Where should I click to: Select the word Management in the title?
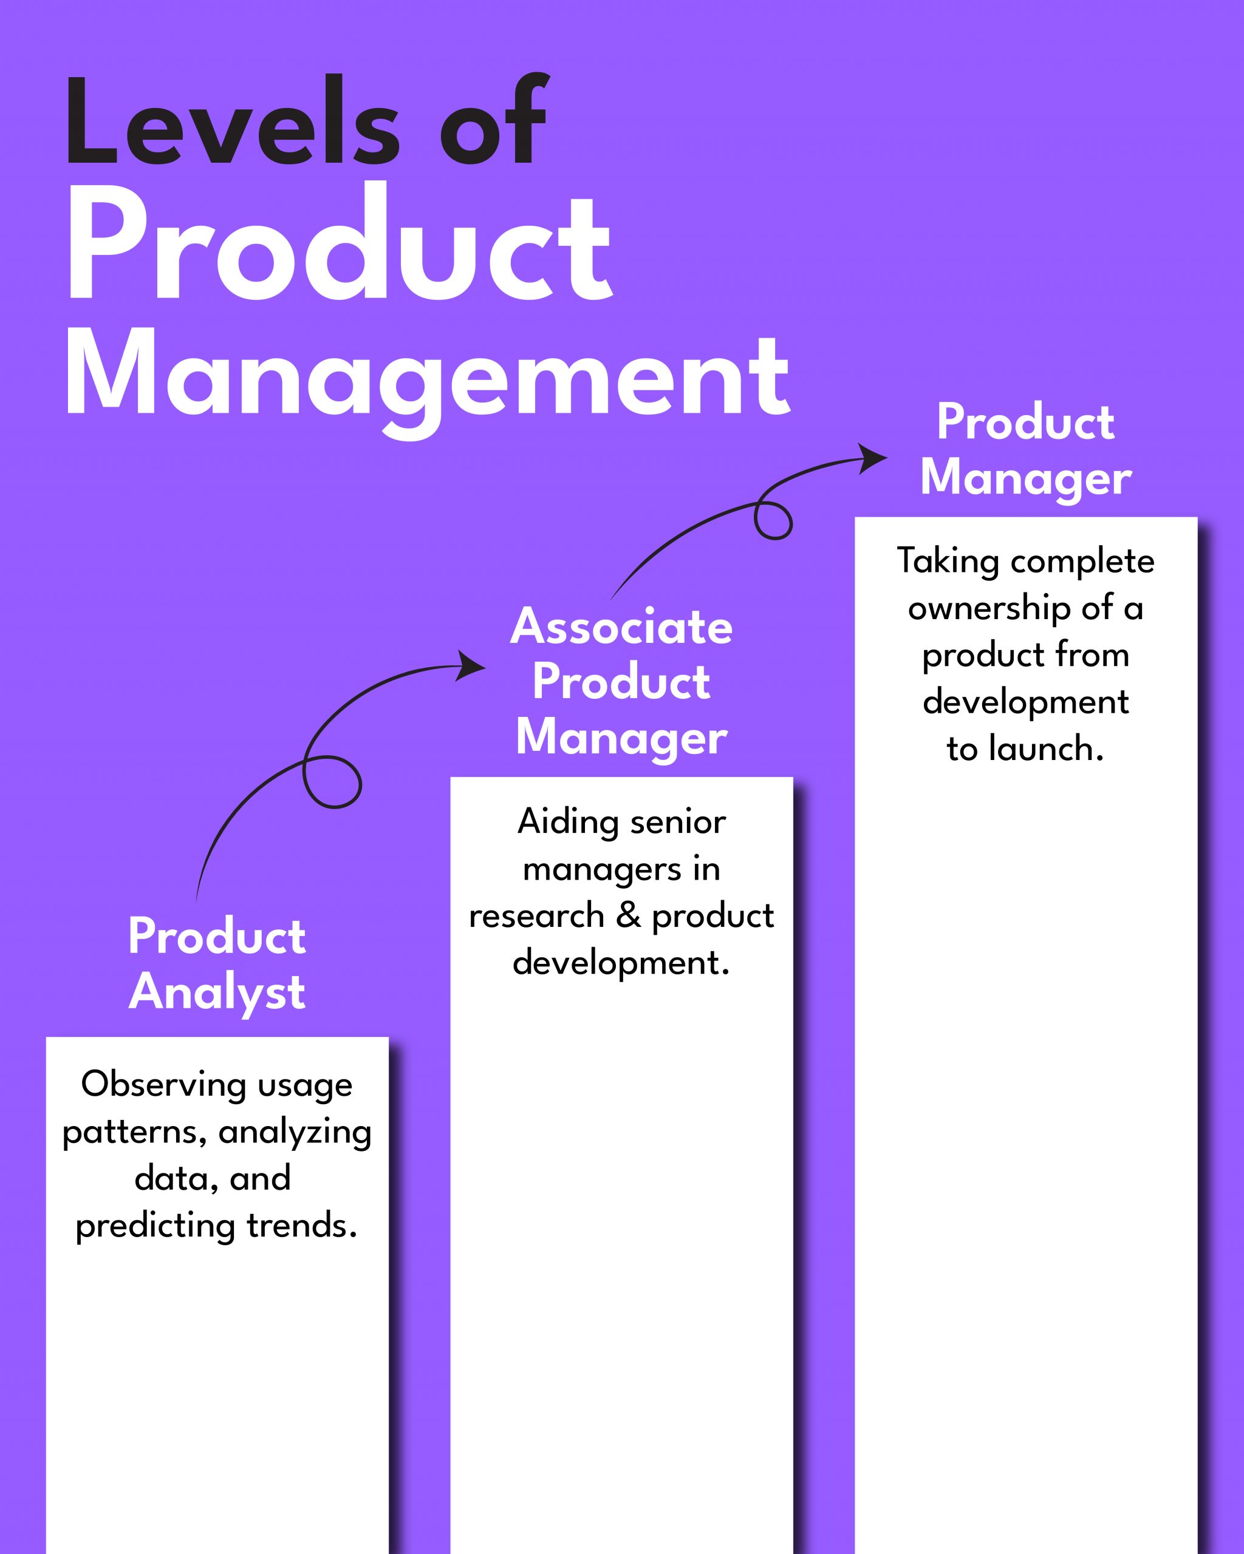(428, 378)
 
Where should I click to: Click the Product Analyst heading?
(217, 965)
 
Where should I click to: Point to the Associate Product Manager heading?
(621, 682)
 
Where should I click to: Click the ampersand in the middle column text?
(629, 915)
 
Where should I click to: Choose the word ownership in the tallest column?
(989, 608)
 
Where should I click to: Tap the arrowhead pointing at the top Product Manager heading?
(873, 458)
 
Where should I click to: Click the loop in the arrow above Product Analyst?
(331, 781)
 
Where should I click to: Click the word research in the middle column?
(536, 916)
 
